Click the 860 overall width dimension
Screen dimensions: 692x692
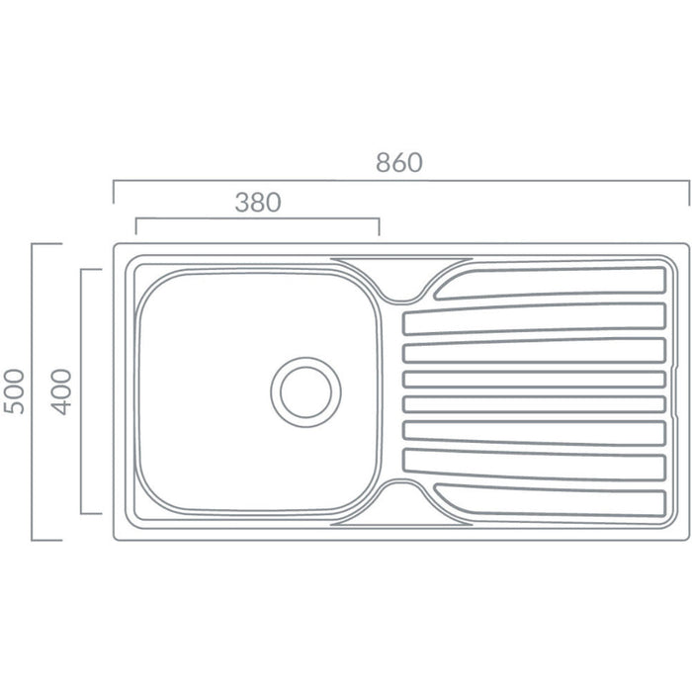coord(399,163)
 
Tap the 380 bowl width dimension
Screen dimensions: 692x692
coord(258,203)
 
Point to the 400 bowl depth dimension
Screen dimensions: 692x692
coord(61,390)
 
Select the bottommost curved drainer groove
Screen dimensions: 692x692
coord(554,502)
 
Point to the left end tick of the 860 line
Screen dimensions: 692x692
coord(114,193)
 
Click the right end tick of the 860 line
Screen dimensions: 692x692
coord(687,193)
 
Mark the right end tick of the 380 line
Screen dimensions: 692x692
coord(379,226)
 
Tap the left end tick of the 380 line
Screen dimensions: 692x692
coord(135,226)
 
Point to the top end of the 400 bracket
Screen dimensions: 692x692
coord(91,269)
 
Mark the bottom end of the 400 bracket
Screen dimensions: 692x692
coord(91,514)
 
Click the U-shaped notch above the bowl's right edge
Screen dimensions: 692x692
coord(399,292)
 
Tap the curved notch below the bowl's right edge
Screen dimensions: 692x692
coord(399,491)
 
